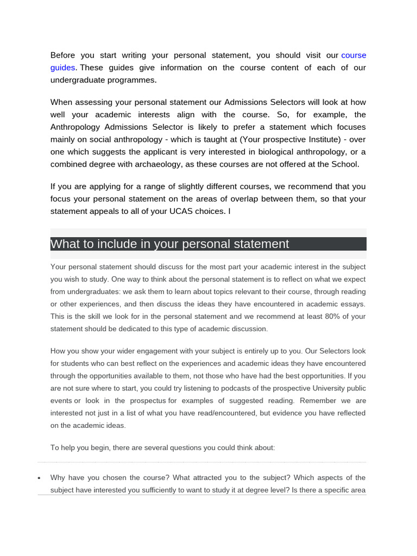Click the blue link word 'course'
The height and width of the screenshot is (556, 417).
(x=353, y=55)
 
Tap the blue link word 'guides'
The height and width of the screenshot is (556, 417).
(x=63, y=68)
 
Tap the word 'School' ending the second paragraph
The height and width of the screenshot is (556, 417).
(x=345, y=165)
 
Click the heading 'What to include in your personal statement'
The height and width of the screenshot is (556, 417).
(x=170, y=244)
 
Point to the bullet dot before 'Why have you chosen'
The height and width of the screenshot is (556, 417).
(x=39, y=479)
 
